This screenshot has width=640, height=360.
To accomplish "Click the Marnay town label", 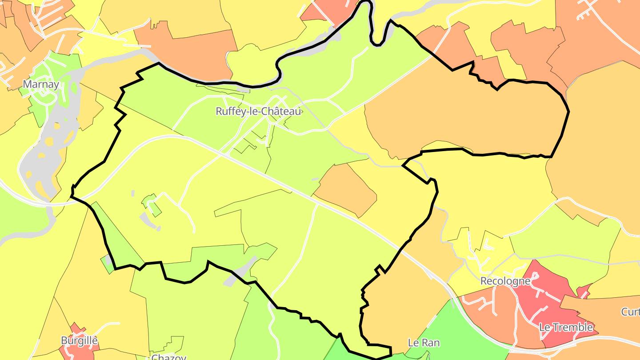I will [x=41, y=84].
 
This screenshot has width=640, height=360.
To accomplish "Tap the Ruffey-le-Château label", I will [x=258, y=111].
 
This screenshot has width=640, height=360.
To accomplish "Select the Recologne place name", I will [x=505, y=281].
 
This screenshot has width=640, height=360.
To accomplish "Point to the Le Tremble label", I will [x=566, y=327].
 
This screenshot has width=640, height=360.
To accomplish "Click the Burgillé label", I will [x=79, y=340].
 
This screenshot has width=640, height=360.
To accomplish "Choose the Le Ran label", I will [x=424, y=343].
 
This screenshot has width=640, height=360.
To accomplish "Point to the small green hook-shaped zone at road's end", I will [x=152, y=204].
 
